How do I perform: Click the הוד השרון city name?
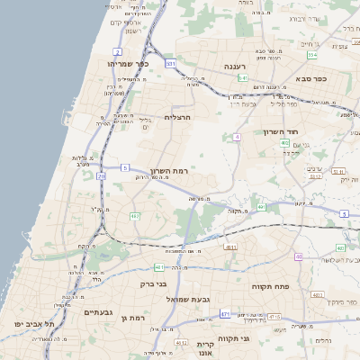tap(280, 132)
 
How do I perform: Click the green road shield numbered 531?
tap(170, 64)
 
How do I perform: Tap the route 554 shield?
tap(312, 55)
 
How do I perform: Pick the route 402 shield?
tap(284, 143)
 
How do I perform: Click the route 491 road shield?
tap(261, 208)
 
